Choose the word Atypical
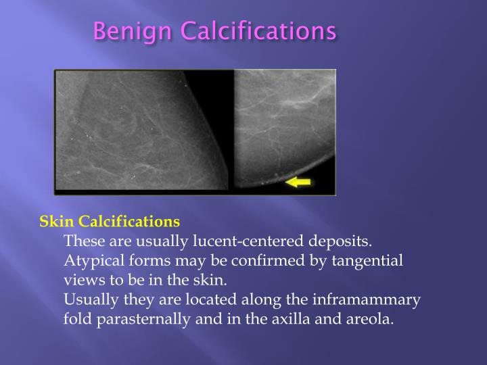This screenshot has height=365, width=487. pos(92,260)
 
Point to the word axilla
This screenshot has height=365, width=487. pos(297,319)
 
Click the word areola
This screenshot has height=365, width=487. pos(370,319)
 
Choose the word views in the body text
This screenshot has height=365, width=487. pos(81,280)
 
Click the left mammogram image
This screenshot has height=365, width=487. pos(143,132)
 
